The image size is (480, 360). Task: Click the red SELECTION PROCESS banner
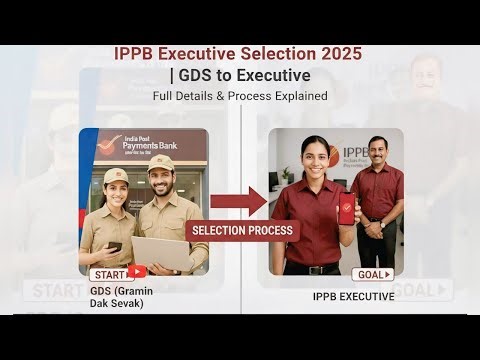coord(243,230)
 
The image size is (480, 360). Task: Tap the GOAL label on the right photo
coord(372,274)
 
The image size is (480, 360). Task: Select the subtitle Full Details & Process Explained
coord(240,96)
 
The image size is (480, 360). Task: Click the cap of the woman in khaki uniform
coord(117,176)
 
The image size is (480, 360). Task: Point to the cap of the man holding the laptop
coord(160,162)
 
